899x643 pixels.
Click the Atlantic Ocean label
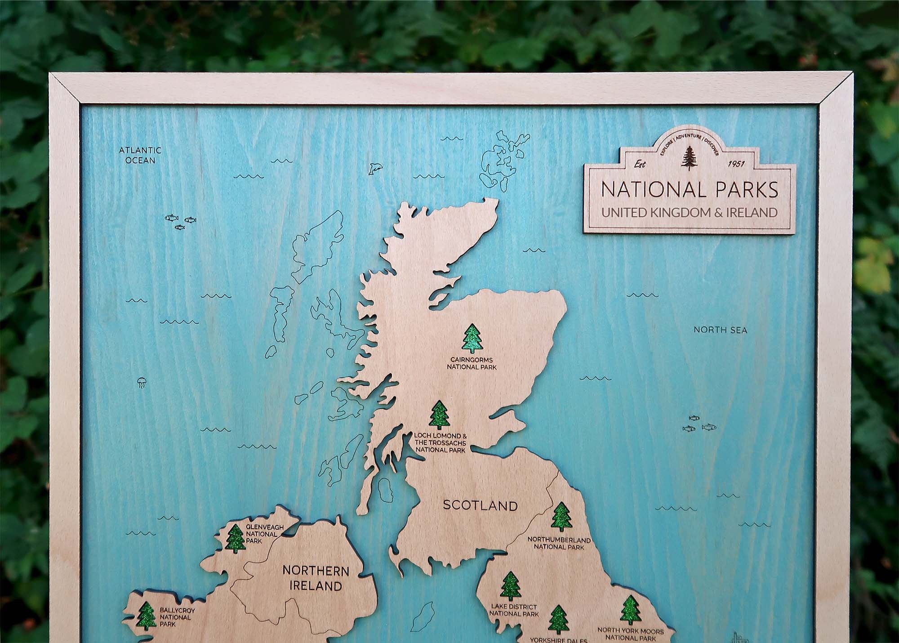140,155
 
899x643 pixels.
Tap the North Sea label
720,330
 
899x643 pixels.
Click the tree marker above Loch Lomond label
440,414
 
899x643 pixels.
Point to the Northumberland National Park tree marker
561,517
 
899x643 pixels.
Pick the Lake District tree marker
511,586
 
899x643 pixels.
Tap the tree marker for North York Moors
630,610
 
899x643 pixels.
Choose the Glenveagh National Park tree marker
235,539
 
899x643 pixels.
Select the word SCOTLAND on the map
480,505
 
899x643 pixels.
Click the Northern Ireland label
316,578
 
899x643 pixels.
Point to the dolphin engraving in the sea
375,169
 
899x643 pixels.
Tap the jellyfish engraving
141,383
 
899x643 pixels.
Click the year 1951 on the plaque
735,164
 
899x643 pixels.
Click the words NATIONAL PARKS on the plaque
690,189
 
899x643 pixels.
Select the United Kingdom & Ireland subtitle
690,212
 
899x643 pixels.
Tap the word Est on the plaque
639,164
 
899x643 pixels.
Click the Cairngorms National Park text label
471,363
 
